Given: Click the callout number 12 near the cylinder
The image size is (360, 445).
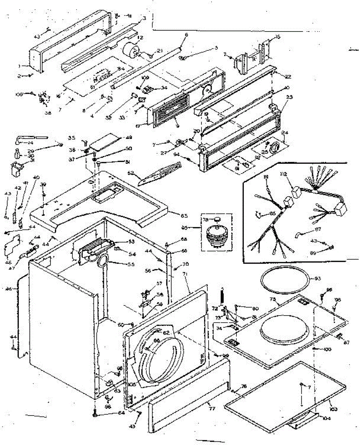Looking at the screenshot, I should [140, 38].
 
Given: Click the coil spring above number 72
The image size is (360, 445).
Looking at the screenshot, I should [222, 296].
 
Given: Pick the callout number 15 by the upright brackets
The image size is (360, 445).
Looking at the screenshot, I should [278, 37].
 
